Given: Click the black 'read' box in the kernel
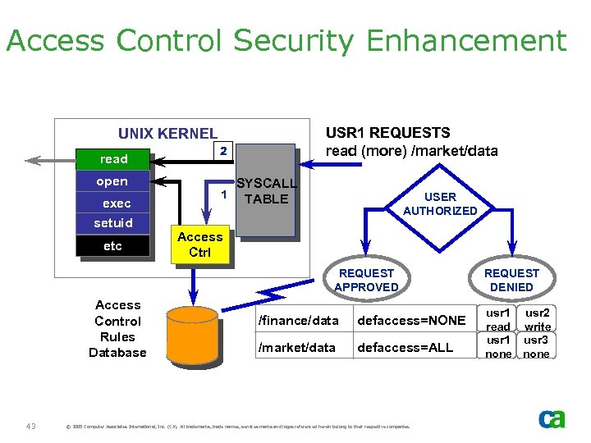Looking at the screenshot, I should pos(113,159).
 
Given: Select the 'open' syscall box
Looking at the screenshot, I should pos(112,181).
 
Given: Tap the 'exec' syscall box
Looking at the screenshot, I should pos(116,203).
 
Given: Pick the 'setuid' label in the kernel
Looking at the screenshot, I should pos(113,223).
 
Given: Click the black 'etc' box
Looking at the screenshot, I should pos(112,246).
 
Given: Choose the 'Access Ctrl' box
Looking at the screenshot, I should pos(199,244).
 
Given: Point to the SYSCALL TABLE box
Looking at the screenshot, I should pos(266,192).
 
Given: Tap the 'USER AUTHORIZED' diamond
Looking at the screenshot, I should pos(440,203).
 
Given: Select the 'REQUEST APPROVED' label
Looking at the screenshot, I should pos(366,280).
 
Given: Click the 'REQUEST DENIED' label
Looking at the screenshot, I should pos(511,280).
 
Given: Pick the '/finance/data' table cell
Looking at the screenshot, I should pos(298,320).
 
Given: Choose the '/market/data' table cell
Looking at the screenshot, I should pos(296,347).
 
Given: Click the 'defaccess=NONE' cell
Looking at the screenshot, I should pos(411,320).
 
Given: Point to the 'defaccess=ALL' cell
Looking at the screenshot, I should pos(405,347).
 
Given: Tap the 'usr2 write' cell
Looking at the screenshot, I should pos(538,319).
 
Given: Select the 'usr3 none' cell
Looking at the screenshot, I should pos(537,346).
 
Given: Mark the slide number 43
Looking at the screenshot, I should pos(30,425).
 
